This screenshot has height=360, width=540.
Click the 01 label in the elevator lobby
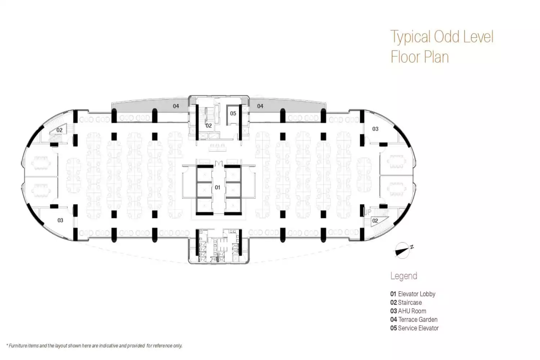click(217, 187)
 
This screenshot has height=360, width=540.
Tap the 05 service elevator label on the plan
click(233, 113)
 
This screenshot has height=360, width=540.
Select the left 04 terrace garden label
click(176, 106)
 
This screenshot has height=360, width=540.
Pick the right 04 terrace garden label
click(260, 106)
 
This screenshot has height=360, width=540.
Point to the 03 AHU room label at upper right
click(375, 129)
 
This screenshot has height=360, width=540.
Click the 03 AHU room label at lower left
click(60, 220)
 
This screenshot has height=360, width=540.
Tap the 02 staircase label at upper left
click(59, 130)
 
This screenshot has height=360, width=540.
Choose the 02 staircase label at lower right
click(375, 221)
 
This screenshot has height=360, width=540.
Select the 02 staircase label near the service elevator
click(209, 126)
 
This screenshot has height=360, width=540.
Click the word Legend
click(404, 276)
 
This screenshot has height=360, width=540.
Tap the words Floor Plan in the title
click(420, 57)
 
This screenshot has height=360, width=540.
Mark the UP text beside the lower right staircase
click(368, 212)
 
